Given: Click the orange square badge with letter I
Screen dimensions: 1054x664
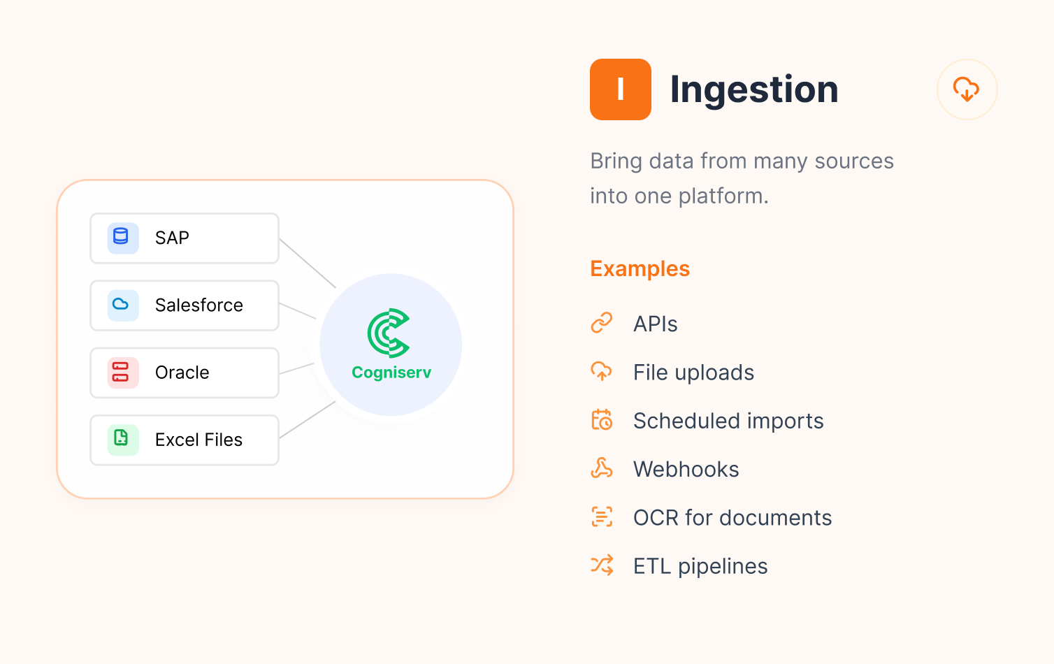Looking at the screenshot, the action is tap(620, 89).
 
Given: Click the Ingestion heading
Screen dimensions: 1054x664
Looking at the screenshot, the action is tap(753, 90).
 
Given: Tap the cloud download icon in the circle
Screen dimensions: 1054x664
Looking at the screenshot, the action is tap(966, 89).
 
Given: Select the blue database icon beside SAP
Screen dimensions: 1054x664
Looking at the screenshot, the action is tap(121, 237).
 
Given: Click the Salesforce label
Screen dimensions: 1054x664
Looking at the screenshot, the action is tap(199, 305).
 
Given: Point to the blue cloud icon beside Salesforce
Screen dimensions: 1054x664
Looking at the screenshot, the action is tap(121, 304).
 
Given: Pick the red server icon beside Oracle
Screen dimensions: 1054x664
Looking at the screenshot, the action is tap(121, 372).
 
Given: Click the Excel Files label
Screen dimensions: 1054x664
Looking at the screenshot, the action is tap(198, 440).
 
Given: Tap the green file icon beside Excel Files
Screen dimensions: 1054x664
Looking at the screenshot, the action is tap(121, 438).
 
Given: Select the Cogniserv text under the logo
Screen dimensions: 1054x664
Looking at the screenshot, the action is tap(391, 373).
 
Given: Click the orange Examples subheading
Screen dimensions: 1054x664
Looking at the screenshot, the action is tap(640, 269).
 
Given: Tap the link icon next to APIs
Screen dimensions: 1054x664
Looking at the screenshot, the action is tap(602, 324).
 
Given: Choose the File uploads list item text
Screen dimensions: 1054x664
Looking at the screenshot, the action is tap(693, 373).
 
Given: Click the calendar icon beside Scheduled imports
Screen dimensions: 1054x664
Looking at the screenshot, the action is tap(602, 420).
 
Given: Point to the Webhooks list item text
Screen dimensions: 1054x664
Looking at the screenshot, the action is tap(686, 469).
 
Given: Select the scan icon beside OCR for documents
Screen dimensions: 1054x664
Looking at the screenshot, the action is tap(602, 517).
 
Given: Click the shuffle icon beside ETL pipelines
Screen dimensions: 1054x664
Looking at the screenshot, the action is tap(602, 565).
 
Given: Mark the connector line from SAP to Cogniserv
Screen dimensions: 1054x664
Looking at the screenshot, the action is tap(308, 263).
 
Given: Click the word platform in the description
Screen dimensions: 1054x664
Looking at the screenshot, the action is tap(723, 196).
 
